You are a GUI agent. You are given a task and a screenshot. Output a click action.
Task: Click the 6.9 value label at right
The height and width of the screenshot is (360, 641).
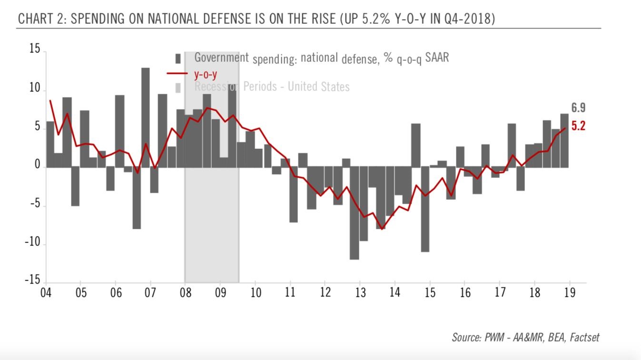click(x=578, y=108)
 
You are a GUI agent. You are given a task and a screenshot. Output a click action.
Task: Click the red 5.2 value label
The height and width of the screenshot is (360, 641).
click(x=578, y=126)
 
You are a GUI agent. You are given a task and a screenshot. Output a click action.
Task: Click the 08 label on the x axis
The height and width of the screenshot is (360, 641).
click(x=185, y=292)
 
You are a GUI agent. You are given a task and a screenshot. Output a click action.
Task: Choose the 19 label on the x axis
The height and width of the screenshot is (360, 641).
click(x=570, y=292)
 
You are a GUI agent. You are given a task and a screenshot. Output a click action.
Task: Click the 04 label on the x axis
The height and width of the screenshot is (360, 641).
click(x=46, y=292)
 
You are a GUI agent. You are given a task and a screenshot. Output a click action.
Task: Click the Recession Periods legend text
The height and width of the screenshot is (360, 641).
click(x=272, y=87)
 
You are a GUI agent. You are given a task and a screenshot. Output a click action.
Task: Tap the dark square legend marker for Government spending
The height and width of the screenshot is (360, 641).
click(x=178, y=58)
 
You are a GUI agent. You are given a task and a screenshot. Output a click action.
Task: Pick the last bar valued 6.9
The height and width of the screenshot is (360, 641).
click(x=564, y=140)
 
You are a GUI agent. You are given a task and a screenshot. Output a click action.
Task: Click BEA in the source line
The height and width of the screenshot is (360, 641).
click(x=552, y=338)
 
